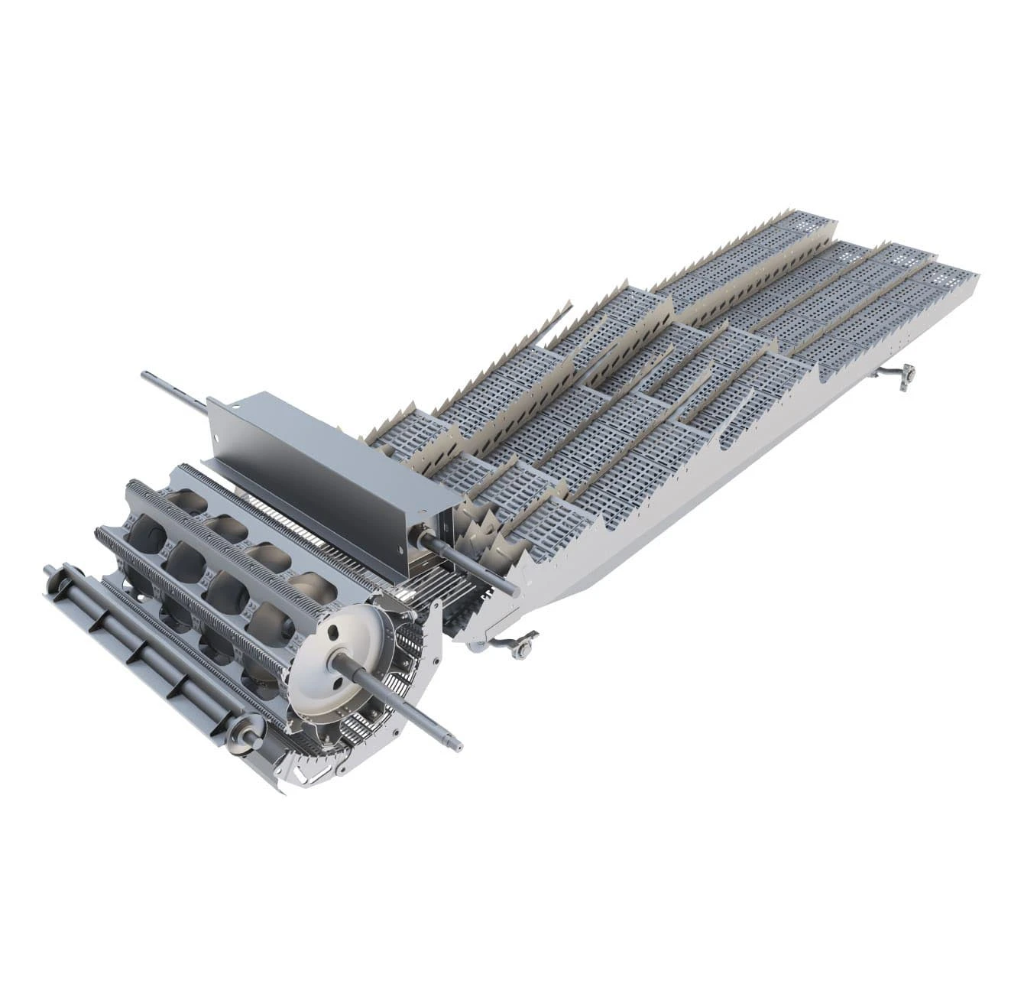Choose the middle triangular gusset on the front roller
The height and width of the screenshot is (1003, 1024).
138,650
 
